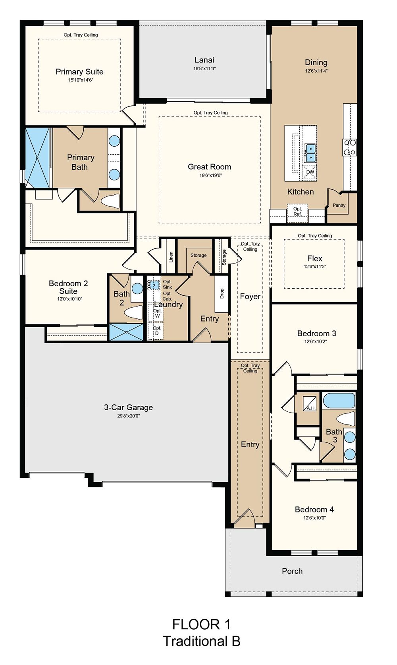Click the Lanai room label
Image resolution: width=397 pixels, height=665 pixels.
[204, 60]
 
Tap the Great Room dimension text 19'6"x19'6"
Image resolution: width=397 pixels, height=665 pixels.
[210, 175]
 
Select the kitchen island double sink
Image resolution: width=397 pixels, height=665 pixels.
[310, 153]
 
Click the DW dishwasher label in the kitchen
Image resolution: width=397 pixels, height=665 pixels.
[310, 172]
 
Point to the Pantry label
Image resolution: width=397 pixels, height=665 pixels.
[339, 205]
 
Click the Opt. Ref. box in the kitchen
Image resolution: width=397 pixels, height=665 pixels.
[297, 213]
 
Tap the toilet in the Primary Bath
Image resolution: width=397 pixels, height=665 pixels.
[110, 201]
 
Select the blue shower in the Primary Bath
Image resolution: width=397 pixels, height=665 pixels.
[37, 158]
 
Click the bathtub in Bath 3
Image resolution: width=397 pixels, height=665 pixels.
[339, 401]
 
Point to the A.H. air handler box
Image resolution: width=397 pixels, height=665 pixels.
[310, 403]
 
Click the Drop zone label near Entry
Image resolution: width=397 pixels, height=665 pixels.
[222, 294]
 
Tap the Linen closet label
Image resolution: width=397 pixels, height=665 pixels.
[171, 257]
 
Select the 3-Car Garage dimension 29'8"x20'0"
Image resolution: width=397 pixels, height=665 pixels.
[128, 416]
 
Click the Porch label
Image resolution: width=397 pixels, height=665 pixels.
[292, 571]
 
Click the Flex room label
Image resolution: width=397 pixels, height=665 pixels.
[314, 258]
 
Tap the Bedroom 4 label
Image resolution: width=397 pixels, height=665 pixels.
[314, 510]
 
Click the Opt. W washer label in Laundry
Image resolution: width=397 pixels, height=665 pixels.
[157, 313]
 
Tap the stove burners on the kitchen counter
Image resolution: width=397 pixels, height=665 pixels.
[350, 147]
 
